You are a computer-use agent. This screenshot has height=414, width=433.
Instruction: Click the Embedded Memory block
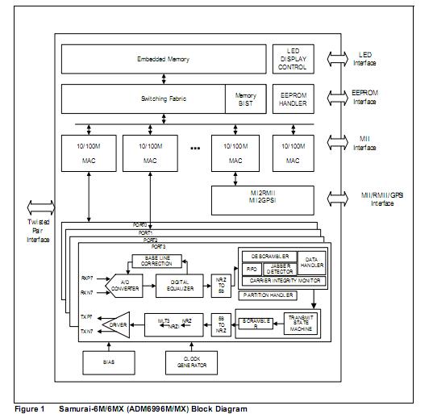point(163,59)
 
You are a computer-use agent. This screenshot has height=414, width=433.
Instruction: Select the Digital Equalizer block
point(180,284)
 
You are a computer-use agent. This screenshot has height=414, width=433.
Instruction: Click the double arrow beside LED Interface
point(333,59)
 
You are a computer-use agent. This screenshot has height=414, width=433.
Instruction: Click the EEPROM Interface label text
point(364,98)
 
